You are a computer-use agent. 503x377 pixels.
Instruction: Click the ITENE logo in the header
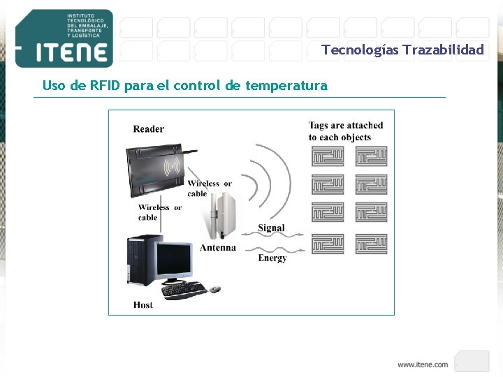point(64,39)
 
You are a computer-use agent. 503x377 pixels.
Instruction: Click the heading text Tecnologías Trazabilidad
point(402,50)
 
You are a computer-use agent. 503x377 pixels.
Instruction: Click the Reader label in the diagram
point(149,128)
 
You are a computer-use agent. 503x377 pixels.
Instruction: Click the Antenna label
point(217,248)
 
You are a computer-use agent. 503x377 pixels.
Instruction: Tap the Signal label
point(271,228)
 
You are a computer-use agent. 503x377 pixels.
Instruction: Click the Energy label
point(272,258)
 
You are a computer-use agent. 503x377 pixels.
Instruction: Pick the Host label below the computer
point(143,304)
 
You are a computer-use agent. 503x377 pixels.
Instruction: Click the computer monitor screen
point(173,260)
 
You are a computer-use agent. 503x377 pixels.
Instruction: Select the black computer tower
point(140,260)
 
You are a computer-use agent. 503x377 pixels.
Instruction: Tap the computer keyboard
point(184,288)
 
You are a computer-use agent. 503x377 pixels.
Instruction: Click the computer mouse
point(215,288)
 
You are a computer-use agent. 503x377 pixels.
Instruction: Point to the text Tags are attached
point(346,126)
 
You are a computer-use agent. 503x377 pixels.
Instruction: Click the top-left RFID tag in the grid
point(328,156)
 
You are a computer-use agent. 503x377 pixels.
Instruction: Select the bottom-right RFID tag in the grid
point(371,244)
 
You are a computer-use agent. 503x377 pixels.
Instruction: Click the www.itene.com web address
point(423,364)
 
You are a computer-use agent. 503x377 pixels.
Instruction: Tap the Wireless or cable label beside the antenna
point(209,188)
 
